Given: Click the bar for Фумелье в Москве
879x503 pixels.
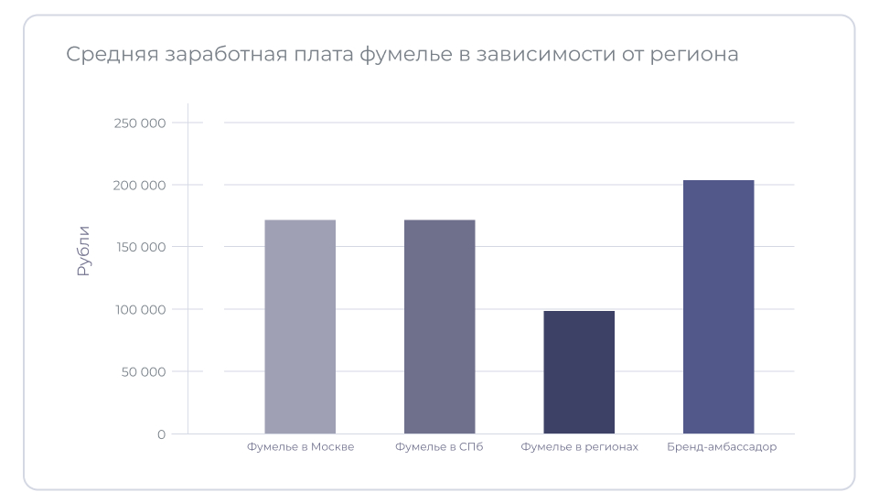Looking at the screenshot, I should coord(300,326).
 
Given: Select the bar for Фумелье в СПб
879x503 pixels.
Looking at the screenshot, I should coord(440,326).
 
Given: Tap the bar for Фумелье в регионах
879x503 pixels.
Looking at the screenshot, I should coord(579,372).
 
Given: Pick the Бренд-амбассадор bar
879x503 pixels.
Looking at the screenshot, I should coord(718,306).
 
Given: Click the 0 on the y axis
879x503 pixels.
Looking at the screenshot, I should coord(162,434).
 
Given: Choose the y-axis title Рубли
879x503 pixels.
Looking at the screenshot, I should coord(83,251).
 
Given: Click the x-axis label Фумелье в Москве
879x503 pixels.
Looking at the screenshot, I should coord(300,447).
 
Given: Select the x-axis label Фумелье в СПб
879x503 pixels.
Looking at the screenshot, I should coord(439,447).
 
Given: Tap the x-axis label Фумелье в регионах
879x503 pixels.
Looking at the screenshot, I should coord(579,447).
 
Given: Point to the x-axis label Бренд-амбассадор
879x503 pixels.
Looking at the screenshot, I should coord(722,447).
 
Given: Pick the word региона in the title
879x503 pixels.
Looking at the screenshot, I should coord(693,55).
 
